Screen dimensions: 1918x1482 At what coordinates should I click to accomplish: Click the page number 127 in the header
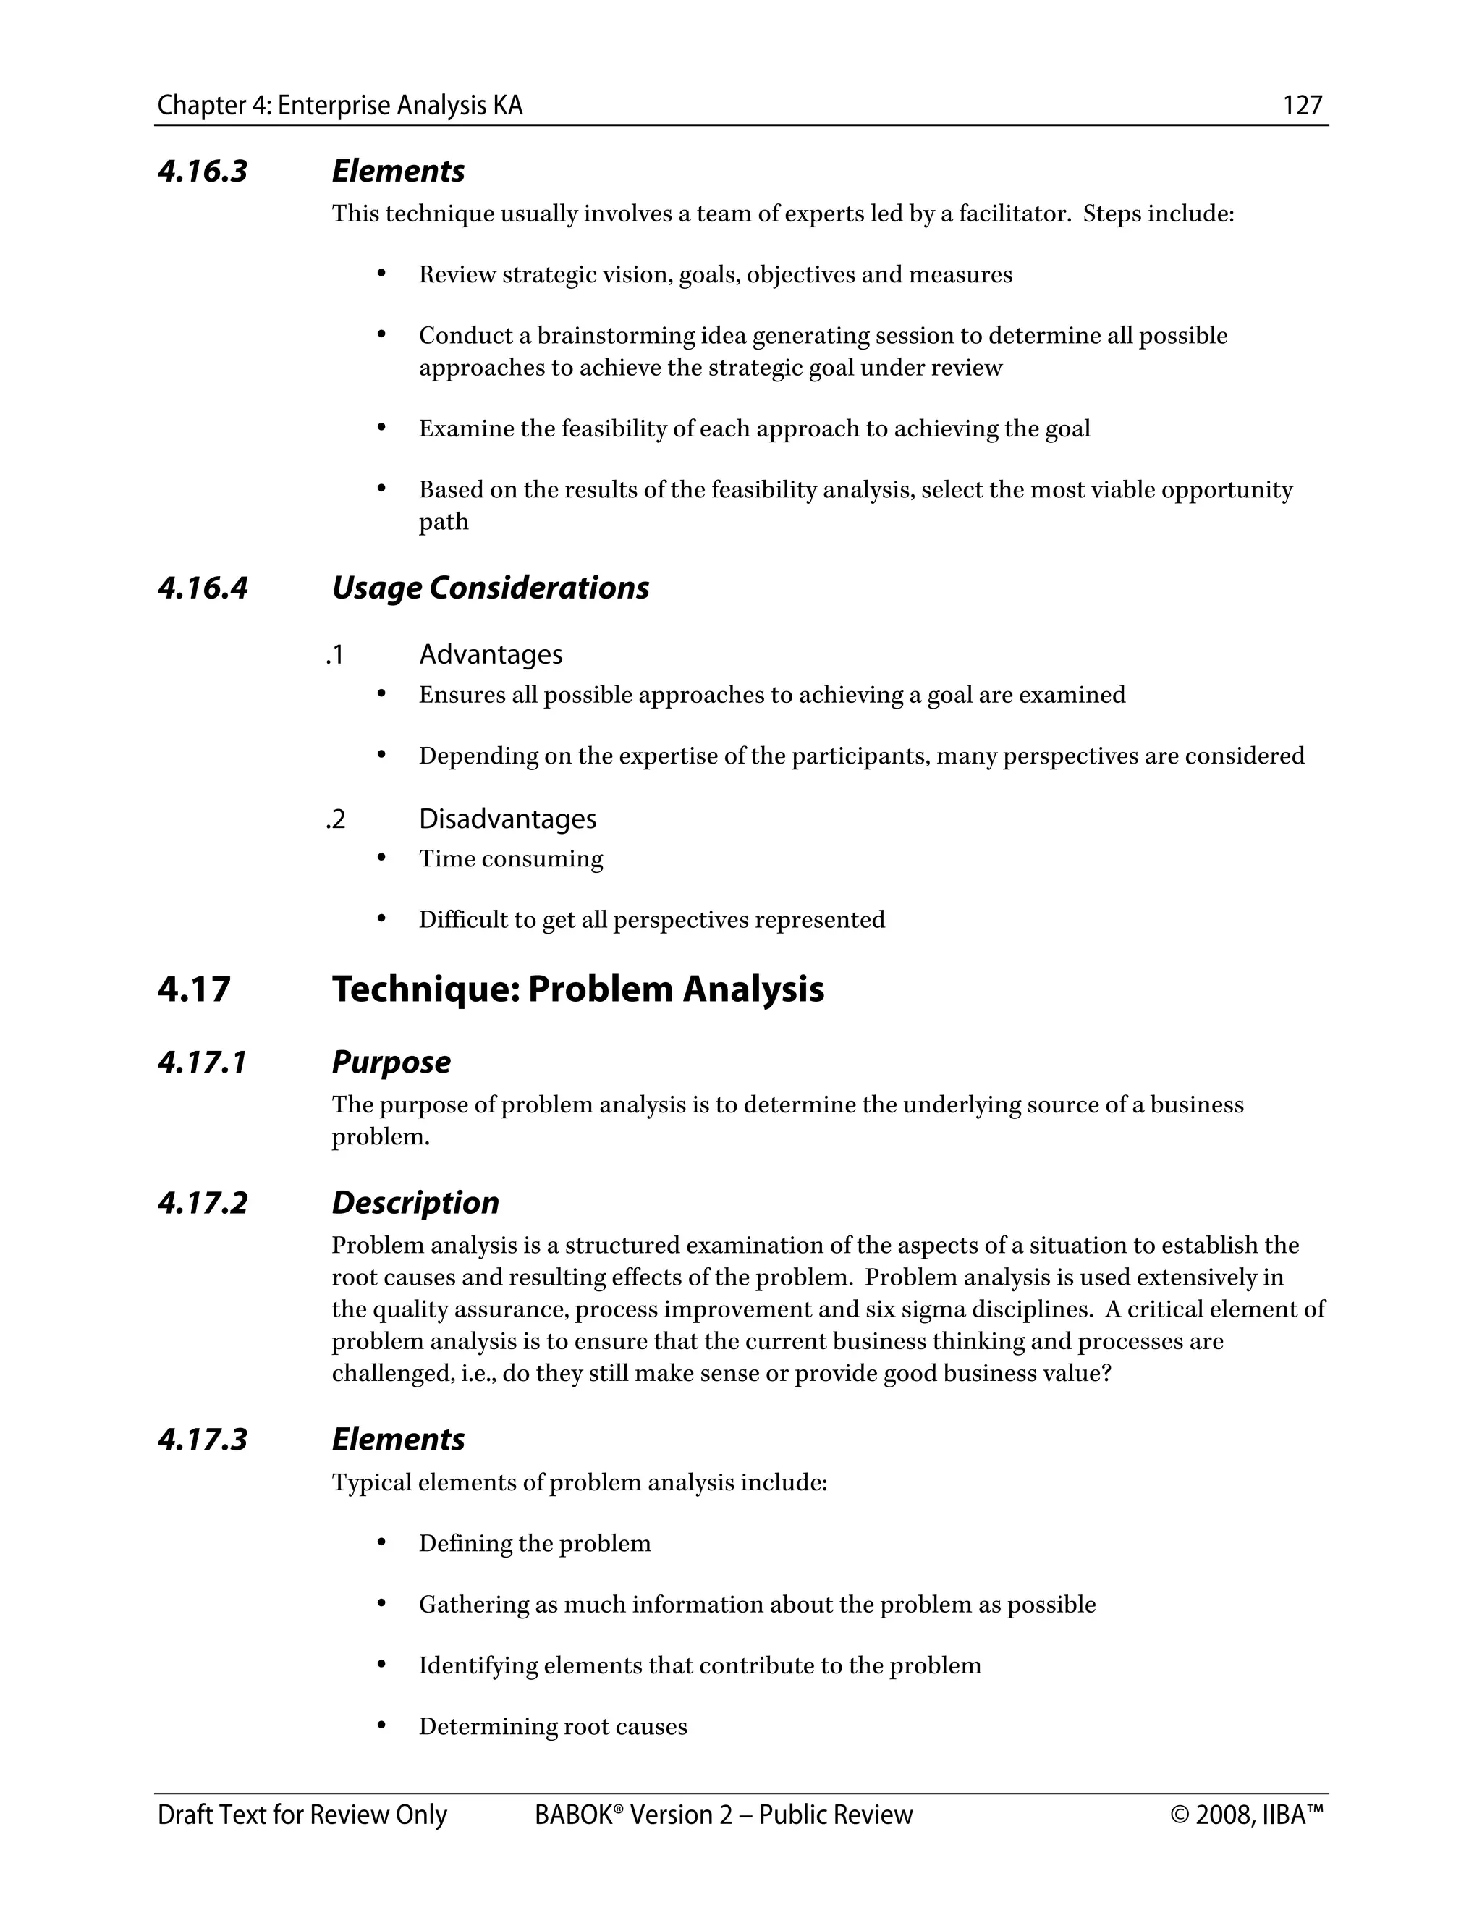[1302, 106]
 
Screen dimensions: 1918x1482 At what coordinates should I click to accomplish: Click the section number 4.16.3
[203, 172]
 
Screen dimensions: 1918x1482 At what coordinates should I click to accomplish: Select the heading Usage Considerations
[490, 588]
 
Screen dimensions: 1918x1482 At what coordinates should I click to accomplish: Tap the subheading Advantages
[490, 654]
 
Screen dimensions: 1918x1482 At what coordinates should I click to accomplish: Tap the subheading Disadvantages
[507, 819]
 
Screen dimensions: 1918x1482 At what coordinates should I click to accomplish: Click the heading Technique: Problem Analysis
[577, 989]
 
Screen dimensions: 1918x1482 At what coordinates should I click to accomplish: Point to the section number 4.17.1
[203, 1062]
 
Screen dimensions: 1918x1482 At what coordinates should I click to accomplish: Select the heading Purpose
[391, 1062]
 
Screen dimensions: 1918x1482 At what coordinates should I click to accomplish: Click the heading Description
[415, 1203]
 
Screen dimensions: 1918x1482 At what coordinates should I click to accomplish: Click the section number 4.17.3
[203, 1440]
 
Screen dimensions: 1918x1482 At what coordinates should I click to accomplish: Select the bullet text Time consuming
[511, 859]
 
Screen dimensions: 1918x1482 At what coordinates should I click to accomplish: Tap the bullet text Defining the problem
[535, 1544]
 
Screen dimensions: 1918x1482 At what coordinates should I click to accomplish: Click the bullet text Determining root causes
[552, 1726]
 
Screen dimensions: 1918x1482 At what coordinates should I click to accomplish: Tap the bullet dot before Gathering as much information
[381, 1604]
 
